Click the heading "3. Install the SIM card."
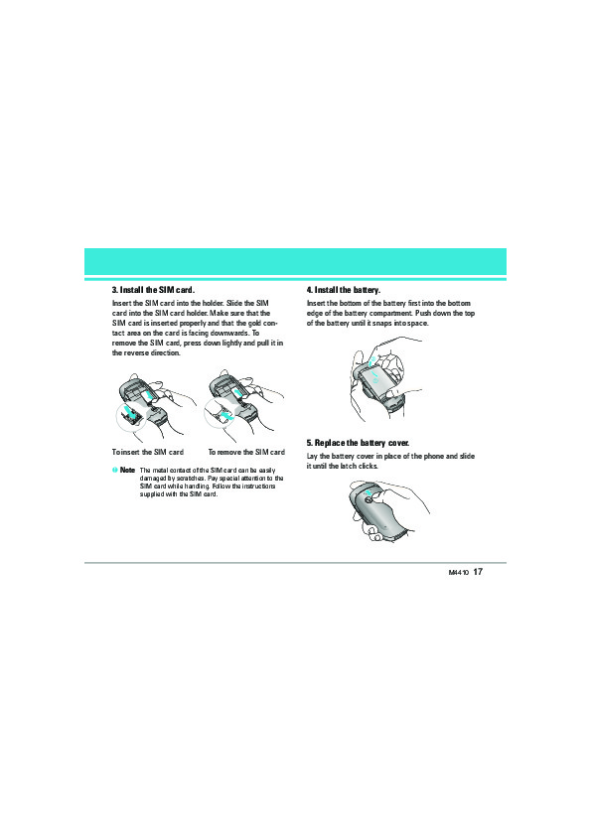(153, 290)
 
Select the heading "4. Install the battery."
(344, 290)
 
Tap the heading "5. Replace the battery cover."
(358, 443)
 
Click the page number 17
(478, 572)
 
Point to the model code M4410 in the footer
(458, 573)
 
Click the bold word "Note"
(127, 471)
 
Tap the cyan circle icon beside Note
(114, 470)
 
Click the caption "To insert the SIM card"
(148, 452)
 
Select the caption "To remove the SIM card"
(246, 452)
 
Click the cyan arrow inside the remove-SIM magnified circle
(224, 414)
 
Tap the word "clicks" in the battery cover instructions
(369, 466)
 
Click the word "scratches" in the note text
(189, 479)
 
